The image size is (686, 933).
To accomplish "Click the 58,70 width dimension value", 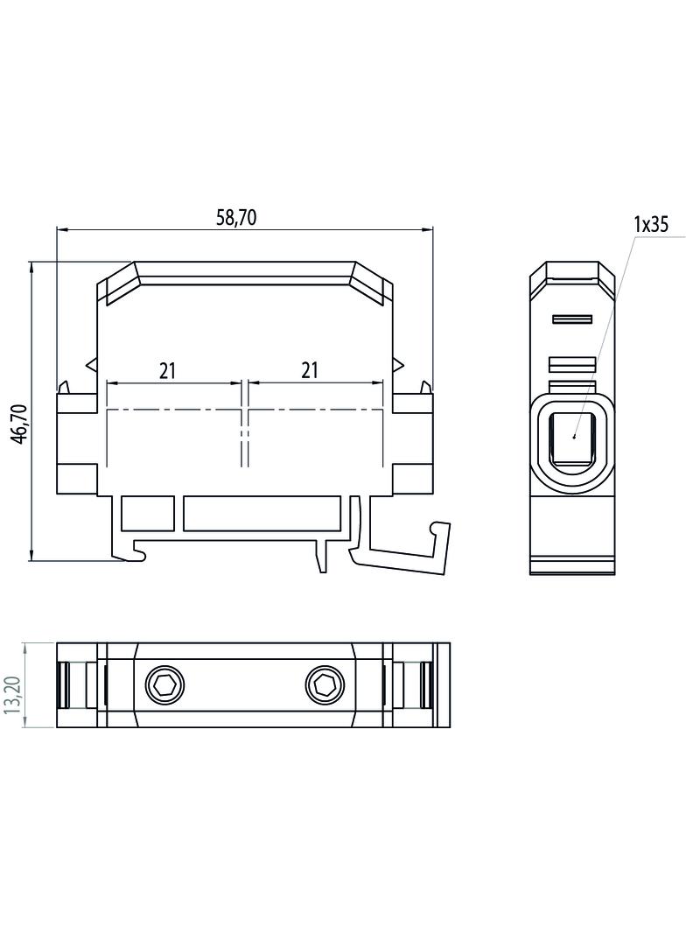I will pyautogui.click(x=236, y=218).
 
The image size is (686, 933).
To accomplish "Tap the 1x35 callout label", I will pyautogui.click(x=651, y=224).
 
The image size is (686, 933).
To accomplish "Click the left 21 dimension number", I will pyautogui.click(x=168, y=370).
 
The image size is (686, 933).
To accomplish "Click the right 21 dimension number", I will pyautogui.click(x=309, y=370).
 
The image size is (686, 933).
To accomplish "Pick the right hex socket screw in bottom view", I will pyautogui.click(x=325, y=685).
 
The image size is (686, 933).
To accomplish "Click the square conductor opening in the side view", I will pyautogui.click(x=572, y=438).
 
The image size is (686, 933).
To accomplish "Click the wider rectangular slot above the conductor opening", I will pyautogui.click(x=572, y=363).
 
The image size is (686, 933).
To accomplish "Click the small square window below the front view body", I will pyautogui.click(x=147, y=513).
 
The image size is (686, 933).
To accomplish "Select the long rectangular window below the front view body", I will pyautogui.click(x=262, y=513).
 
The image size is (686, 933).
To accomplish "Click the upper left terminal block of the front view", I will pyautogui.click(x=77, y=403).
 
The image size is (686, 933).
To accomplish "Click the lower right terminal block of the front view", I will pyautogui.click(x=412, y=478).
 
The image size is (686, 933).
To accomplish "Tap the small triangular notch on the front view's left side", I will pyautogui.click(x=92, y=363).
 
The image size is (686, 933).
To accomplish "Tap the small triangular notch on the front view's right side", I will pyautogui.click(x=398, y=363).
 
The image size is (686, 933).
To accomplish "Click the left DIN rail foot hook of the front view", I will pyautogui.click(x=131, y=551).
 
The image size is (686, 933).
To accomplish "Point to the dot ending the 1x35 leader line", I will pyautogui.click(x=574, y=435).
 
